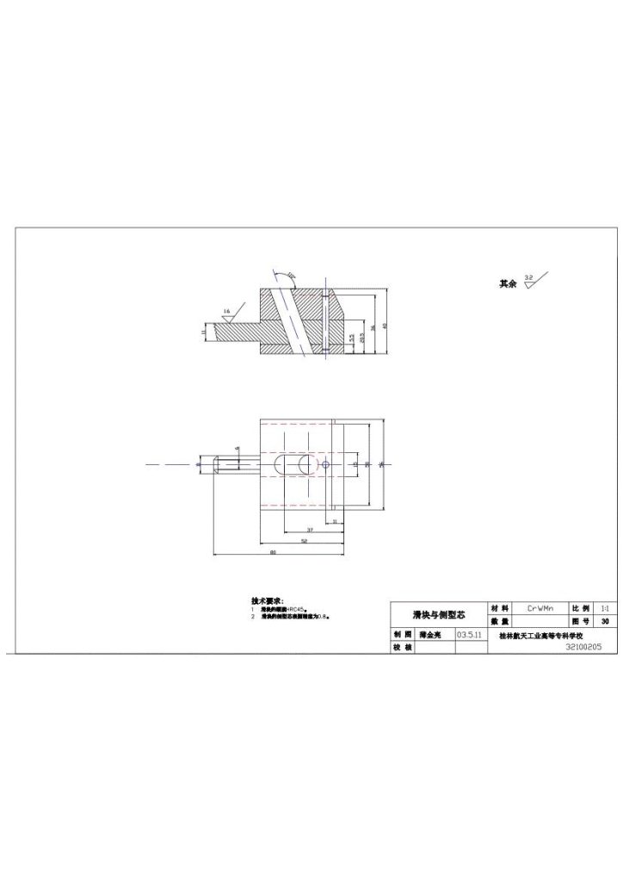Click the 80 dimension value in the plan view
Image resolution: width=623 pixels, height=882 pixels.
[x=273, y=551]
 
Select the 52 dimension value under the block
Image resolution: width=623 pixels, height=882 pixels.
[x=304, y=540]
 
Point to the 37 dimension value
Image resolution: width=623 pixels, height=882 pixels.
[x=309, y=529]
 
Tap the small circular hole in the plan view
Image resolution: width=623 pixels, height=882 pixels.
[x=328, y=464]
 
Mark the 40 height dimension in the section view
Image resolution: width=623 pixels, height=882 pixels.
[x=386, y=326]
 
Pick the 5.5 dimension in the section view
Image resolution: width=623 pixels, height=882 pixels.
[x=351, y=338]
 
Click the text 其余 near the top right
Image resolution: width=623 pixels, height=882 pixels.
[x=508, y=283]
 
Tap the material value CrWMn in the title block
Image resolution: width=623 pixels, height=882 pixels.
[x=540, y=607]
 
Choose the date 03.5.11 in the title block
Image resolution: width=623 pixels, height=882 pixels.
[x=469, y=634]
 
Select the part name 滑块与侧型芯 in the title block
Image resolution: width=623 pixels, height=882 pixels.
[x=439, y=614]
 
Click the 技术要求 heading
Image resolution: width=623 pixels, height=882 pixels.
[x=267, y=600]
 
